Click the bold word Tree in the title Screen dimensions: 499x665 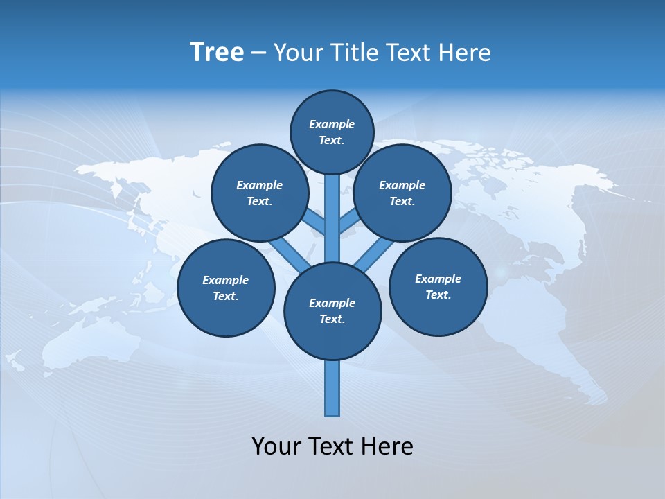click(217, 53)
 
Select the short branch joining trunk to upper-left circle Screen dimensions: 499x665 click(315, 222)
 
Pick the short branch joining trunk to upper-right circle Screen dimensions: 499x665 click(349, 222)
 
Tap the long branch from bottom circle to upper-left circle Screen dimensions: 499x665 click(286, 253)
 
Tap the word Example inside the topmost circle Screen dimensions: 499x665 click(332, 124)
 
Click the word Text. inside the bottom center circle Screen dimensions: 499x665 click(332, 319)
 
